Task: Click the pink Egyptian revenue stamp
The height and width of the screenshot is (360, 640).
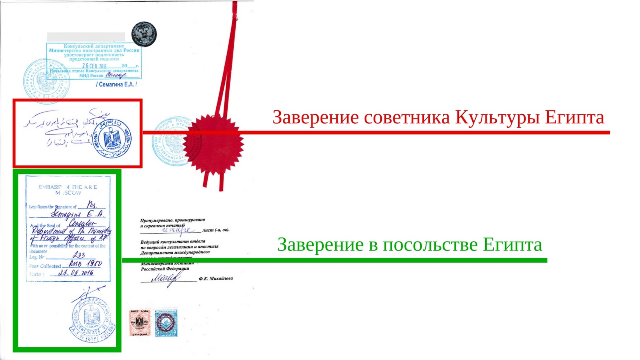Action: click(x=140, y=322)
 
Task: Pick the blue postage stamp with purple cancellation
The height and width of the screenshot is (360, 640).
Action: click(x=166, y=322)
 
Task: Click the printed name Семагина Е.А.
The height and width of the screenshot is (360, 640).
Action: click(x=116, y=84)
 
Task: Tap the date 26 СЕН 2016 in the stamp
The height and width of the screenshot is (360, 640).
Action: click(x=94, y=66)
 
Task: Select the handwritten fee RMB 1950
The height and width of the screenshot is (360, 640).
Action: click(x=85, y=264)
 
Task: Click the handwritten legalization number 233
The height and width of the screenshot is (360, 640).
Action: click(x=79, y=255)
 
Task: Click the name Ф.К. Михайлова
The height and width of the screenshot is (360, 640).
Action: click(x=216, y=278)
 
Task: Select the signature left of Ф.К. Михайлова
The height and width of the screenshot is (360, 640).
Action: click(x=165, y=278)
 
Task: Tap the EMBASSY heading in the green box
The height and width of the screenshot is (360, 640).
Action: click(x=50, y=187)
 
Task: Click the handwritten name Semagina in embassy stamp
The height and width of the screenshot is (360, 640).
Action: click(x=66, y=215)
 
